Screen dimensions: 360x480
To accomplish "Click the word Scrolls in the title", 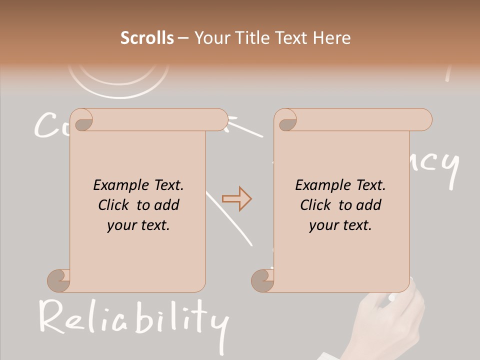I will (147, 38).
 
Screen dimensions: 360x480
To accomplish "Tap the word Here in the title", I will (332, 38).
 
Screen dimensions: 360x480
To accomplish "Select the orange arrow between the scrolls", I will (237, 199).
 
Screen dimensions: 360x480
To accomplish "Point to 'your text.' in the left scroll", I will (138, 225).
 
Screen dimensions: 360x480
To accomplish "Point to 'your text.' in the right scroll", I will (340, 225).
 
